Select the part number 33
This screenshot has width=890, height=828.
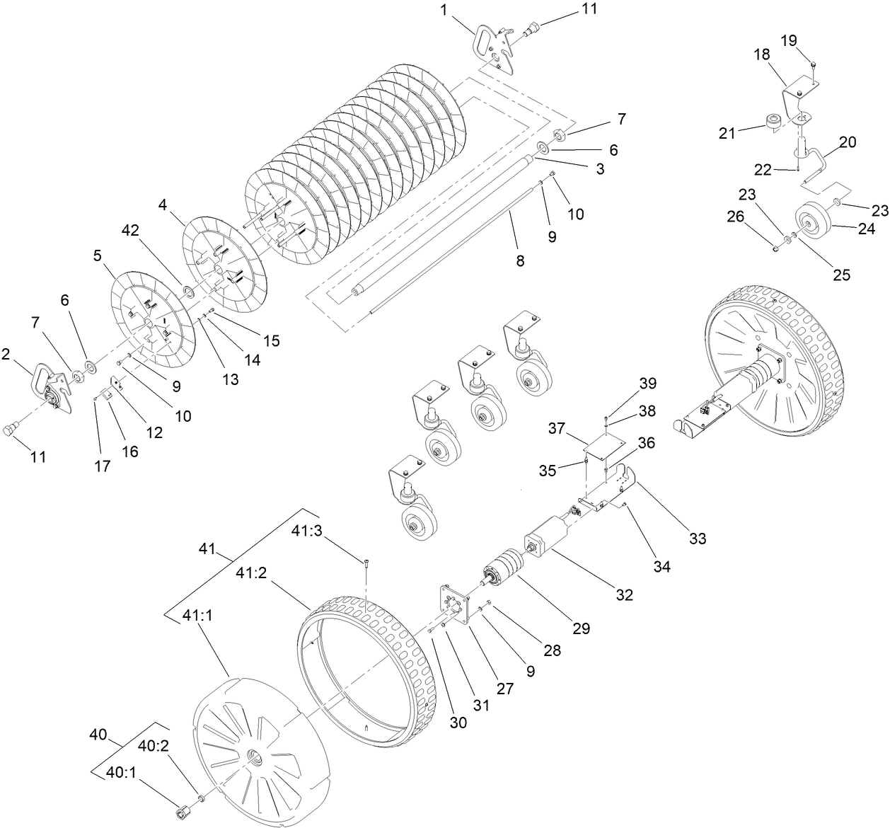pyautogui.click(x=697, y=539)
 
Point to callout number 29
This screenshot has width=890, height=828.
pyautogui.click(x=581, y=628)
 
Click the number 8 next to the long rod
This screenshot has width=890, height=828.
pyautogui.click(x=520, y=261)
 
